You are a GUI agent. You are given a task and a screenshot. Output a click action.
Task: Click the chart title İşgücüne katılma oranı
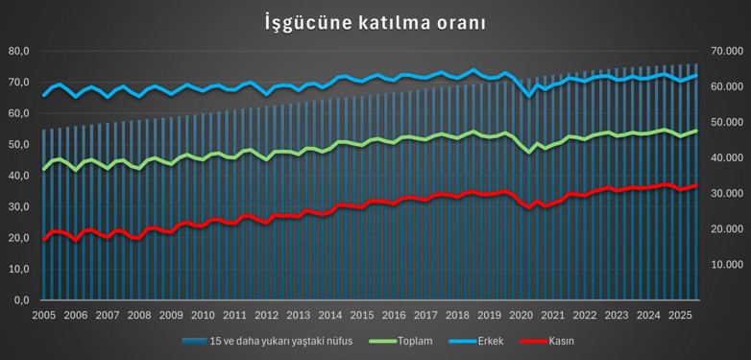coord(375,22)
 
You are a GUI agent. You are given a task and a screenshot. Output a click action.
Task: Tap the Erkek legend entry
coord(495,341)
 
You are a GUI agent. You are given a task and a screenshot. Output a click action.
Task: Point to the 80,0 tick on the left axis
coord(19,51)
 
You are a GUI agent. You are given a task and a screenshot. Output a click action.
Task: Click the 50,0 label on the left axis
coord(19,144)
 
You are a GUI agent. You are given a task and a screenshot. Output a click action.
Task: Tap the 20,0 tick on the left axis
coord(19,238)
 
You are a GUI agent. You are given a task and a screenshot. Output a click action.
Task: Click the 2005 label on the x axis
coord(44,315)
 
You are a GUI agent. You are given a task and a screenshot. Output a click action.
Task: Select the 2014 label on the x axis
coord(330,315)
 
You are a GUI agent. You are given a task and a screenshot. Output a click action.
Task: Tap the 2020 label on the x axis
coord(521,315)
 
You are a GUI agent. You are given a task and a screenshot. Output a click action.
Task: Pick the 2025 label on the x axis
coord(679,315)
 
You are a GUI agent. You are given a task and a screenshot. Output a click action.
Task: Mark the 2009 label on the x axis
coord(171,315)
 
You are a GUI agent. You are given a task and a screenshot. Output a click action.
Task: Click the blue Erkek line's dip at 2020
coord(528,96)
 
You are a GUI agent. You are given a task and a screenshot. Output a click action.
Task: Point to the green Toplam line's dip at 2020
coord(528,152)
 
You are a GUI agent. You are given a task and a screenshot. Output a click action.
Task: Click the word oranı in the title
coord(451,22)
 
